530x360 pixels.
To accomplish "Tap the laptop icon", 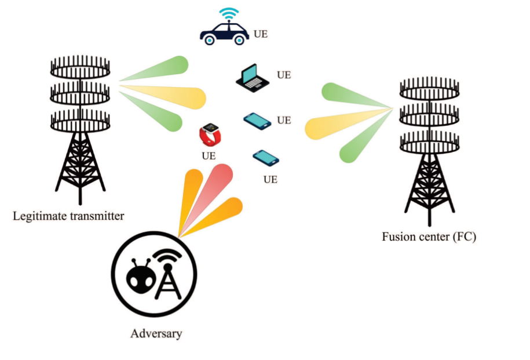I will (253, 78).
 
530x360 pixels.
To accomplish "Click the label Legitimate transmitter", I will (68, 217).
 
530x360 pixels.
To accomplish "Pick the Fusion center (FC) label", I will (429, 237).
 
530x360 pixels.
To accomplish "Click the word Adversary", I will (156, 333).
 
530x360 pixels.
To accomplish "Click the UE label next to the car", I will (261, 34).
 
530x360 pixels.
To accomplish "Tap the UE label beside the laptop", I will (284, 75).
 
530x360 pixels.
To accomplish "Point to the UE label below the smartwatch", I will (209, 156).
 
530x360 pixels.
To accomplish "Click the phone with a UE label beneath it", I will (266, 157).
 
